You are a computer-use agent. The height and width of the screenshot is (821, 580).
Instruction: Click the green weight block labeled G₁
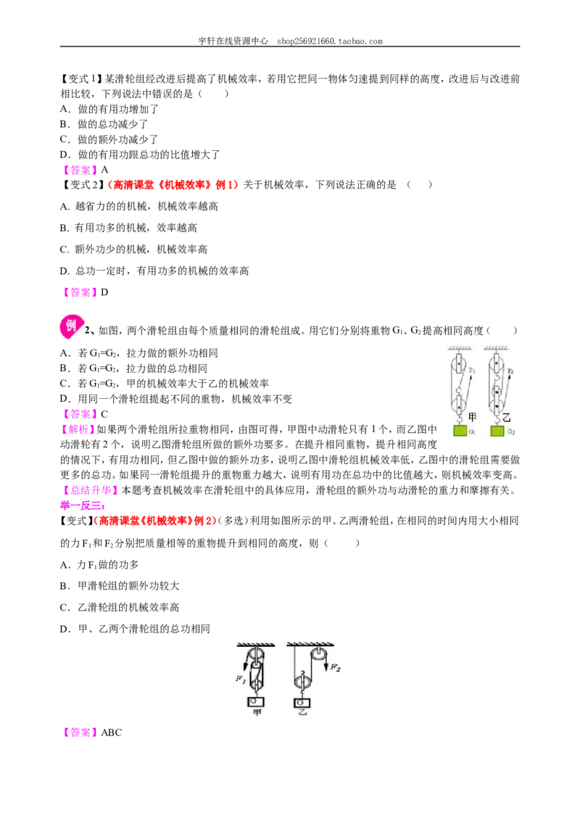point(460,431)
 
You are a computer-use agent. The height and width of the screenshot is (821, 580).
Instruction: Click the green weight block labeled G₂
point(497,431)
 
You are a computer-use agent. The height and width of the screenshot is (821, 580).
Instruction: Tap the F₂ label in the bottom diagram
point(336,667)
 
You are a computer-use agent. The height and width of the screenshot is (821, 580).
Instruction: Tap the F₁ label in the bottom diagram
point(241,679)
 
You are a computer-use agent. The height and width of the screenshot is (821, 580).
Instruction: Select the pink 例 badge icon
point(70,326)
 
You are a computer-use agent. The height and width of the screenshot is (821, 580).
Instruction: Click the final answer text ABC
point(111,733)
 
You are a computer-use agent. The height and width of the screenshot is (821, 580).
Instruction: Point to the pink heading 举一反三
point(82,506)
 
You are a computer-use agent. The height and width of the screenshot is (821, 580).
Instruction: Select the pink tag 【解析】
point(78,429)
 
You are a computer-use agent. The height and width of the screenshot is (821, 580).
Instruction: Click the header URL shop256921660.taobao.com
point(330,41)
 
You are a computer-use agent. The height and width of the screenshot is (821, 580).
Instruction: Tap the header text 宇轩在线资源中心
point(233,41)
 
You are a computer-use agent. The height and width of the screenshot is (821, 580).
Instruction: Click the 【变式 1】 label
point(82,79)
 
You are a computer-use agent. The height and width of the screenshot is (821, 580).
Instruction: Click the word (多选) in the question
point(233,521)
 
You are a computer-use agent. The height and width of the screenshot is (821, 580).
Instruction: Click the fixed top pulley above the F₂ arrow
point(318,654)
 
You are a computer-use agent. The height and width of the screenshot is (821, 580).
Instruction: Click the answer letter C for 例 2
point(104,414)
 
